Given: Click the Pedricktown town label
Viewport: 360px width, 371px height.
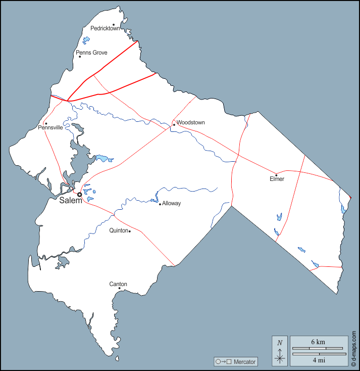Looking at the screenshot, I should [x=105, y=28].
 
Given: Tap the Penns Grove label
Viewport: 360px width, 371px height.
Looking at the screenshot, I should [x=91, y=53].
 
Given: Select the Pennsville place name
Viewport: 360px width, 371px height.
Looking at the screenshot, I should [x=50, y=128].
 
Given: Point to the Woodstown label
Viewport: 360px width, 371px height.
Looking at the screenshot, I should [x=191, y=122].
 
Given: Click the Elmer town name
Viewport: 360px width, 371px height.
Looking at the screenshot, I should [x=277, y=179].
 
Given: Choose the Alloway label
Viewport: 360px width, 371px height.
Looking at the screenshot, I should [x=171, y=203].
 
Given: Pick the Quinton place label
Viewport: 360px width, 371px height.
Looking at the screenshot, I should [x=119, y=230].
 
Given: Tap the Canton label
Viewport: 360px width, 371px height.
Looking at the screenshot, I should [x=118, y=284].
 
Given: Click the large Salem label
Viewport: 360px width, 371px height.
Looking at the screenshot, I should [x=70, y=201].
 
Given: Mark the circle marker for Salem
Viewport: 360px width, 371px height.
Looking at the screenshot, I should [x=79, y=195].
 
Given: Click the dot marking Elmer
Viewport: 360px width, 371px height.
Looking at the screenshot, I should [x=276, y=175].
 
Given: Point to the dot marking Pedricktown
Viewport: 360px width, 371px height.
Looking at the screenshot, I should [x=114, y=24].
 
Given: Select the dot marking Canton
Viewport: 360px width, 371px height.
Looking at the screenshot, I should [x=119, y=289].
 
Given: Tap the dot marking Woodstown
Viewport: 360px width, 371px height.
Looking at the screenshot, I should [x=174, y=124].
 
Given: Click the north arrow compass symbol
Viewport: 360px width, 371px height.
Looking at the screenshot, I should [x=280, y=351].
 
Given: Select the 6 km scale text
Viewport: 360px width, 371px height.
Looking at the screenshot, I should [x=318, y=342].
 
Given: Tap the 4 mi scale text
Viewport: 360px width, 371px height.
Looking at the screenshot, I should [x=318, y=360].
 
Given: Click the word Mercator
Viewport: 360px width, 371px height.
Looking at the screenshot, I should [x=245, y=362].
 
